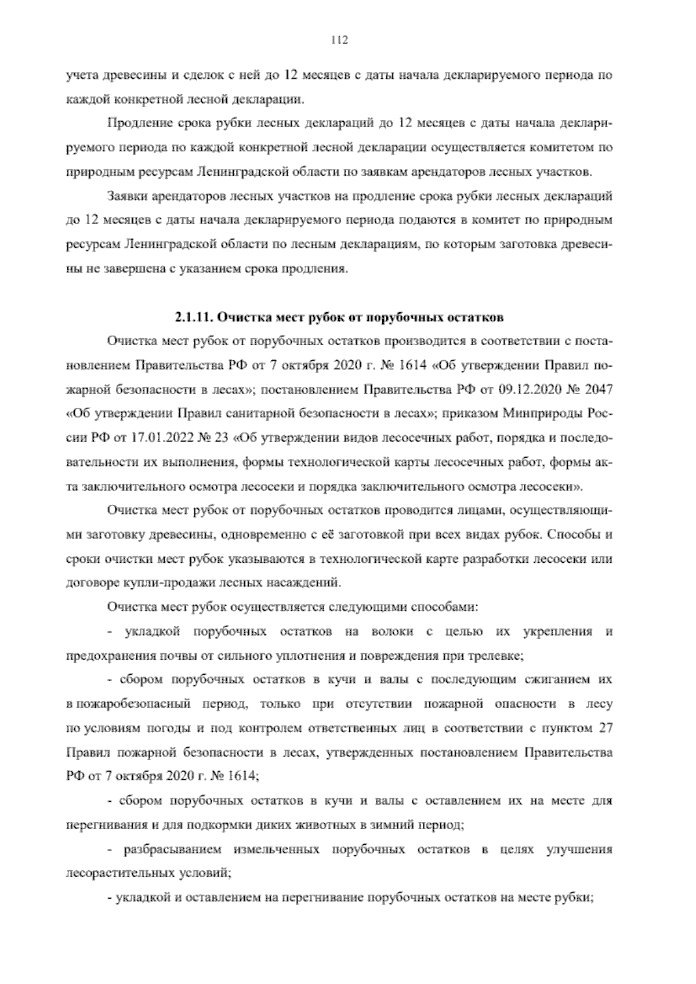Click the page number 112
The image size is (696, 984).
pos(339,39)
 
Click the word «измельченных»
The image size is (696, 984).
pos(276,850)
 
